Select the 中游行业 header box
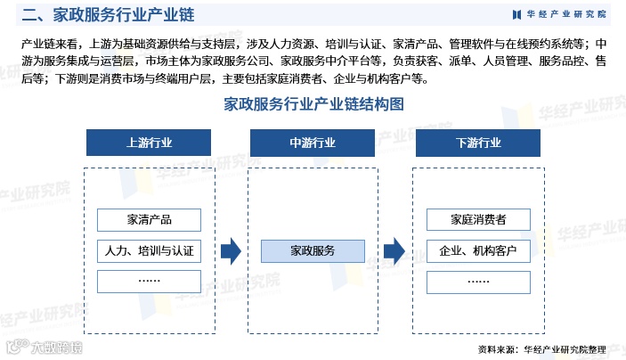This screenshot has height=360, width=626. [313, 143]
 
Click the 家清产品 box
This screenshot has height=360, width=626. [149, 220]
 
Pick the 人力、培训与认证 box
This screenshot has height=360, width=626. [149, 250]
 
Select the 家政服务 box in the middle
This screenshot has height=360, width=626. [313, 250]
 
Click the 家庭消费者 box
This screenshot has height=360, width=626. [478, 220]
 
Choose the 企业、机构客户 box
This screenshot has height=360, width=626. [478, 250]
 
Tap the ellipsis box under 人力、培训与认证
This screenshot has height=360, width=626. [149, 281]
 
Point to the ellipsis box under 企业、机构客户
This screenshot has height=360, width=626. [478, 281]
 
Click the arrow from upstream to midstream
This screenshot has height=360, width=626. [231, 251]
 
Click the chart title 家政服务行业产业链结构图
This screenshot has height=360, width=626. [313, 104]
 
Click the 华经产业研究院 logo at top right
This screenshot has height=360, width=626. [559, 14]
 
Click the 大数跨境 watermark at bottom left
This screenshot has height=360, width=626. [45, 347]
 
